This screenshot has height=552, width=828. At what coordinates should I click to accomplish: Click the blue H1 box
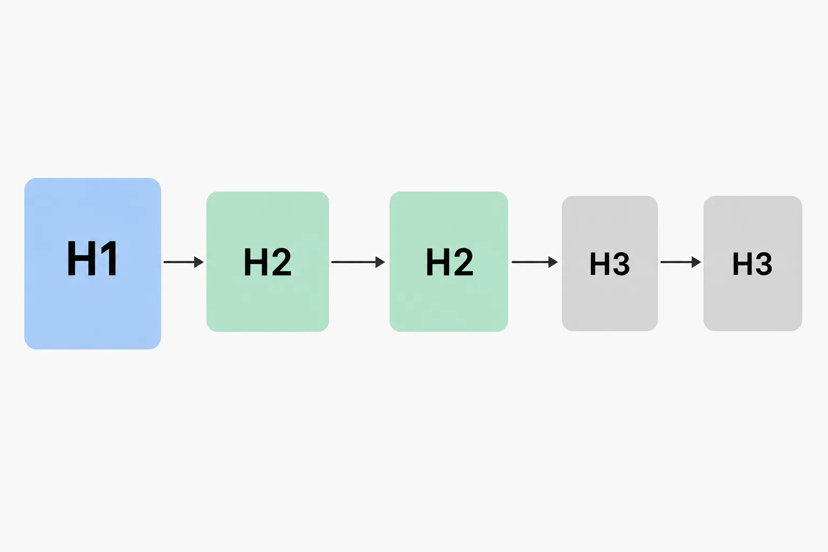(92, 263)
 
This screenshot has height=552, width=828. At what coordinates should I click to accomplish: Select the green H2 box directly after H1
(267, 261)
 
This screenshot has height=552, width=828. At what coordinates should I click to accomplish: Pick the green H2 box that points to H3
(448, 261)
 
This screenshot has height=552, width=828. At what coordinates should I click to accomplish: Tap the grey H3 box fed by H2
(610, 263)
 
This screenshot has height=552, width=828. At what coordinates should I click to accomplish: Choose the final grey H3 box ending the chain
(753, 263)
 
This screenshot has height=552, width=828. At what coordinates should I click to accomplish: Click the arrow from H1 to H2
(183, 262)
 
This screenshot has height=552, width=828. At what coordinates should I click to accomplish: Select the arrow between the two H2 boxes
(358, 262)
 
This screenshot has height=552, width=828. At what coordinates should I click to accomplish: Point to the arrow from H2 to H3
(535, 262)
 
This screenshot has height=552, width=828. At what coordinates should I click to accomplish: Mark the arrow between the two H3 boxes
(680, 262)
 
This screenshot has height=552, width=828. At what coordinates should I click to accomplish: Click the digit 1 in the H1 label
(109, 258)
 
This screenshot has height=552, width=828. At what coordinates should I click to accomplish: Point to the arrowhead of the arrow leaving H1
(199, 262)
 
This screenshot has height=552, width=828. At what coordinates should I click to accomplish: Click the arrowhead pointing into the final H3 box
(696, 262)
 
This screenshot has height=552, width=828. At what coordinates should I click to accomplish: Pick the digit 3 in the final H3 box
(763, 264)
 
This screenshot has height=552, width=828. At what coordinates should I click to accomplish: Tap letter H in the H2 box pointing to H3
(438, 262)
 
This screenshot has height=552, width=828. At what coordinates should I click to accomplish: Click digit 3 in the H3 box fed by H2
(620, 264)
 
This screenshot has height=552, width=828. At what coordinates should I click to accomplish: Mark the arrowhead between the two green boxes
(381, 262)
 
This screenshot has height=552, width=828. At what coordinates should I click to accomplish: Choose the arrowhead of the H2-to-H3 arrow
(553, 262)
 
